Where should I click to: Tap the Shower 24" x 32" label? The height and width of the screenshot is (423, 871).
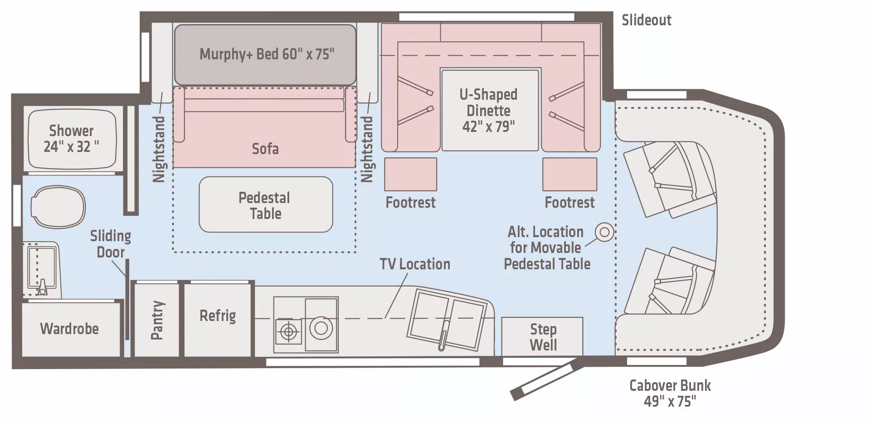tap(71, 138)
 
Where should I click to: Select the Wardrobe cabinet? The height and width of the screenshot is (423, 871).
tap(69, 329)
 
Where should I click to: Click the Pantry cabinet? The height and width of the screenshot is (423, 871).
tap(157, 320)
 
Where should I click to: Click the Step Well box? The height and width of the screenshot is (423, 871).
tap(542, 337)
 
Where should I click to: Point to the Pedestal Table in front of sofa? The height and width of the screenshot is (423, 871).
tap(266, 205)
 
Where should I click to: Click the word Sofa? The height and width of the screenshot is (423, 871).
tap(265, 149)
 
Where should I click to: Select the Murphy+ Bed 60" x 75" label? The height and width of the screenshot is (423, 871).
tap(267, 54)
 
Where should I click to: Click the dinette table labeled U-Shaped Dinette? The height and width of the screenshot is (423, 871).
tap(489, 110)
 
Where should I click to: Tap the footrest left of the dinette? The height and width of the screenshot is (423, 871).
tap(410, 175)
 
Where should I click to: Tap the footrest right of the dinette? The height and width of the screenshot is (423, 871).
tap(569, 175)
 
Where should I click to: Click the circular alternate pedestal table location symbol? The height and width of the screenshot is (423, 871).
tap(604, 232)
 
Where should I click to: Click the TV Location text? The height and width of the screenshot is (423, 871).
tap(415, 264)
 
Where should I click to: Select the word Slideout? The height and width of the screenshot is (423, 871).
tap(646, 20)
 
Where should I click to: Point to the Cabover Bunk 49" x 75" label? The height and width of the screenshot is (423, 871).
tap(670, 393)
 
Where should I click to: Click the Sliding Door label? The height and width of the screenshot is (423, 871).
tap(110, 244)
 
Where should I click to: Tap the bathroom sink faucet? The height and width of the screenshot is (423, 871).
tap(42, 287)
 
